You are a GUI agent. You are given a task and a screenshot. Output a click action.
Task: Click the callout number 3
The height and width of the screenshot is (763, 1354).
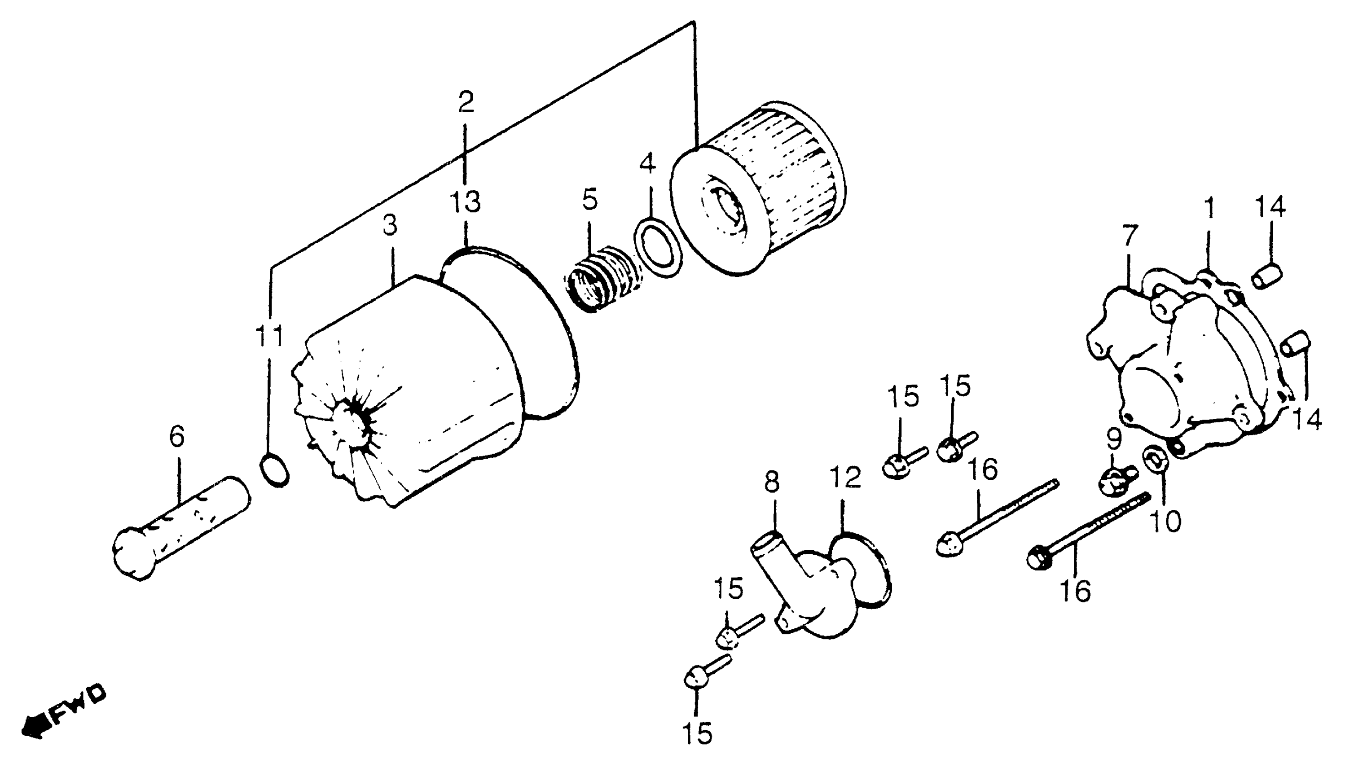click(x=390, y=225)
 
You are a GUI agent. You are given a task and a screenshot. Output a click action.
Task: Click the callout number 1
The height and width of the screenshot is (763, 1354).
click(x=1209, y=209)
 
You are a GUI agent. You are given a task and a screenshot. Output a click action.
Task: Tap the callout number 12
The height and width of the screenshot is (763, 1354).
click(x=846, y=477)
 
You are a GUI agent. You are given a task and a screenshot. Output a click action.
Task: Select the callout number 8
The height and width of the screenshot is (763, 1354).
click(x=772, y=482)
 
